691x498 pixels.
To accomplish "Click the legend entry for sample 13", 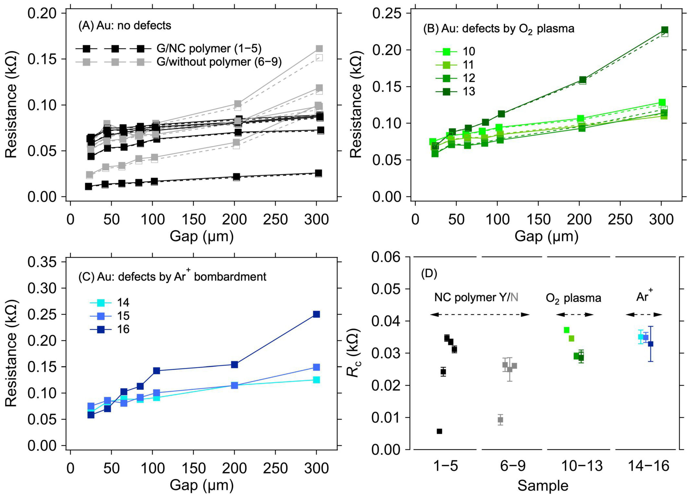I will tap(457, 91).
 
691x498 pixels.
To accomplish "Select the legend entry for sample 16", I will tap(110, 329).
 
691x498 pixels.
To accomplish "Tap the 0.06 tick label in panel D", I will tap(386, 257).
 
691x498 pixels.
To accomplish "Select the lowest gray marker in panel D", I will tap(500, 420).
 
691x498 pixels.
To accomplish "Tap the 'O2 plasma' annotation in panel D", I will tap(573, 298).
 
